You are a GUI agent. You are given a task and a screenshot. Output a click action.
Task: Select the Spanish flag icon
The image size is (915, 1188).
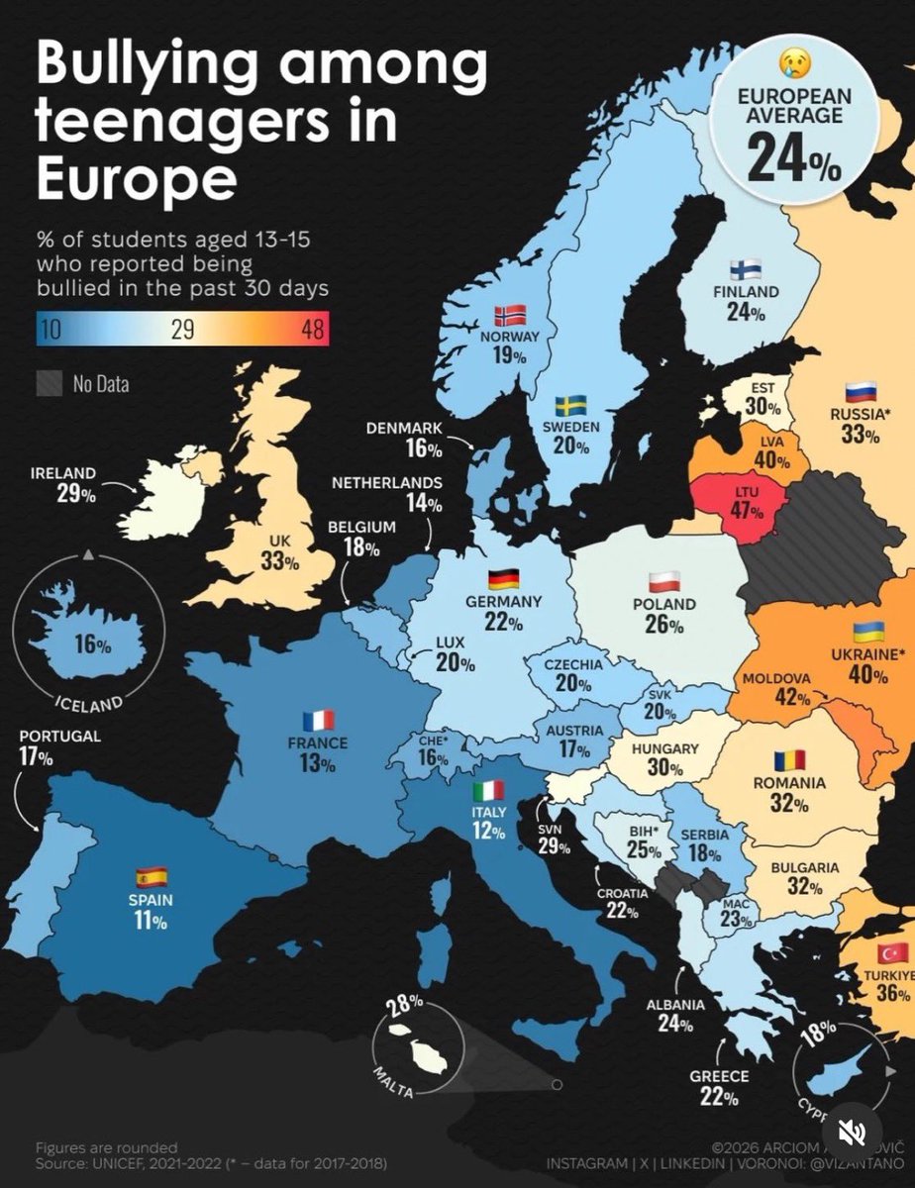point(152,876)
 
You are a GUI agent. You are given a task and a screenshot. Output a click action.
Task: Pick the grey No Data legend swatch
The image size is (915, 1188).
point(49,382)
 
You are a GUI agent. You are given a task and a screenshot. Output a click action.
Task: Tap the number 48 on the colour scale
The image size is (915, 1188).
point(312,331)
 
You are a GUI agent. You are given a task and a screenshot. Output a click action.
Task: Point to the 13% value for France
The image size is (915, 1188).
point(317,763)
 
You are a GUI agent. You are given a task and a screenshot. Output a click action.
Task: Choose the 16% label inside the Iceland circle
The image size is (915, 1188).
point(92,644)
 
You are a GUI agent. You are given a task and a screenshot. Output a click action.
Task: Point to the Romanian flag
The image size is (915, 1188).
point(790,760)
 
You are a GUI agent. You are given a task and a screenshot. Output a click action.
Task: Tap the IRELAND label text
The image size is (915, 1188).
point(62,473)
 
